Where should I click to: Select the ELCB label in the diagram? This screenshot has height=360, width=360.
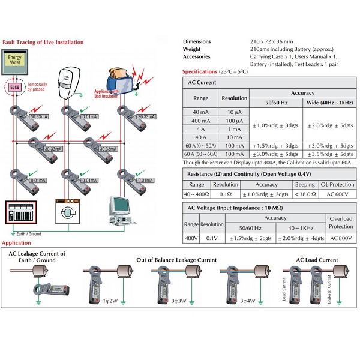14,87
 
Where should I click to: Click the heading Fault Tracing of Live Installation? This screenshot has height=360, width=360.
43,43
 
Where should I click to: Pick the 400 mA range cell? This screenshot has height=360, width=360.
200,121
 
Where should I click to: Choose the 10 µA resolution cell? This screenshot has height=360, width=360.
234,112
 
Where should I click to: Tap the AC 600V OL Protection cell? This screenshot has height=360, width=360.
337,194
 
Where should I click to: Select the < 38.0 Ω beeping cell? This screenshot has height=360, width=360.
305,194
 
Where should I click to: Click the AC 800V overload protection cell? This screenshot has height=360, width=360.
342,238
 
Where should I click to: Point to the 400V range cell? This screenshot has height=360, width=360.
191,238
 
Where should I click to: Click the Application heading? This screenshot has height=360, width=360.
16,243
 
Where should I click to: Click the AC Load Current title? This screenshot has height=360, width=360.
317,260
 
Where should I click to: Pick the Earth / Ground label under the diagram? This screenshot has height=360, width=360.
29,233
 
